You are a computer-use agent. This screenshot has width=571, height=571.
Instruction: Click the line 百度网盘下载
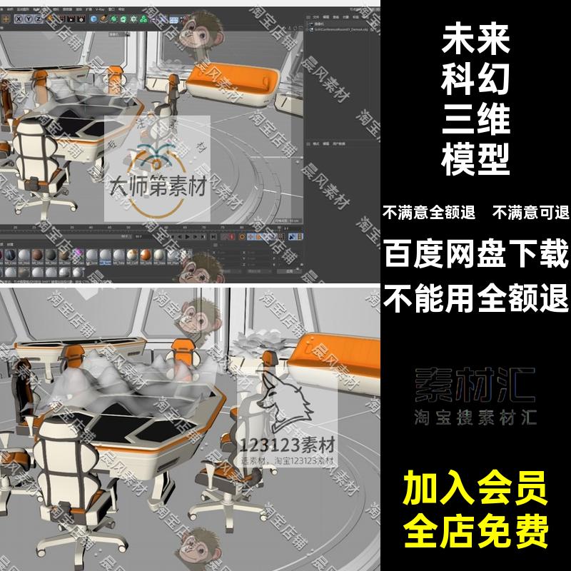pyautogui.click(x=476, y=253)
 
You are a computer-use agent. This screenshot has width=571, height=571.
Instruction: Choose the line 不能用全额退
pyautogui.click(x=476, y=295)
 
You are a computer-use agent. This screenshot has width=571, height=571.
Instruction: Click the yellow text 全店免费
pyautogui.click(x=476, y=530)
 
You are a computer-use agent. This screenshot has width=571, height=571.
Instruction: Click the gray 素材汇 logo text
pyautogui.click(x=476, y=385)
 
